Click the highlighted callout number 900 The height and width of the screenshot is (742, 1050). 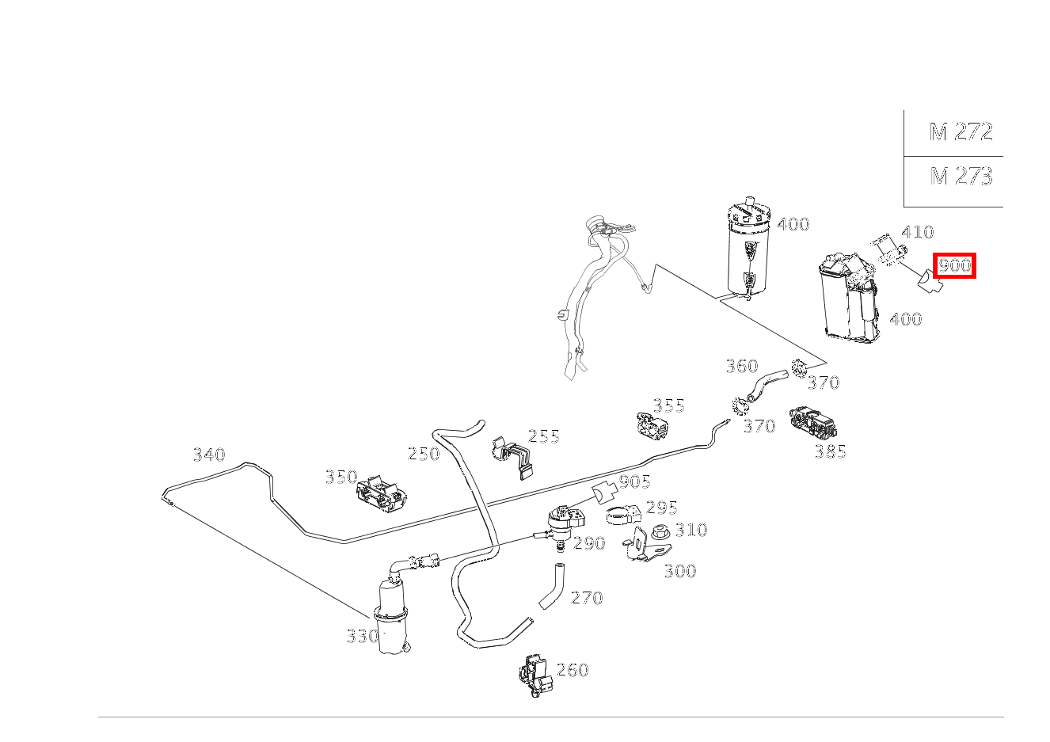954,266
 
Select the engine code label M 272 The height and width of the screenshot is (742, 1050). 961,131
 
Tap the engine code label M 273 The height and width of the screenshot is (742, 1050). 961,177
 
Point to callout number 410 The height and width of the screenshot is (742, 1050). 917,231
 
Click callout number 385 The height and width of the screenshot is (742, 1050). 830,451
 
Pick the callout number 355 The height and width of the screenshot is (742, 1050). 669,405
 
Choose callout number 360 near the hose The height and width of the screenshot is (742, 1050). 741,366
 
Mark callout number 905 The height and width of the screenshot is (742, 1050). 635,481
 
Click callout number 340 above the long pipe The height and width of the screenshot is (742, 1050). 209,455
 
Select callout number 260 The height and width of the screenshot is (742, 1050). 573,670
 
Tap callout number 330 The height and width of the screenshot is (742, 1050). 363,636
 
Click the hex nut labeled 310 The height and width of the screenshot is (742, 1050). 661,532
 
